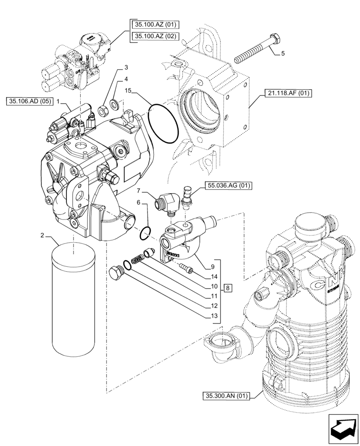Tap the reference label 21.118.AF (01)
coord(288,93)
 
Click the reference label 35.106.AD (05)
coord(29,102)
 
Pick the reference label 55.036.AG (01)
coord(227,185)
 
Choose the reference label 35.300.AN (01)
coord(227,395)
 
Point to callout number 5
coord(282,54)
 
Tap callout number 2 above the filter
coord(42,235)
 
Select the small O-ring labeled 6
coord(145,233)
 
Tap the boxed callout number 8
coord(227,288)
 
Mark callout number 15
coord(128,91)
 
